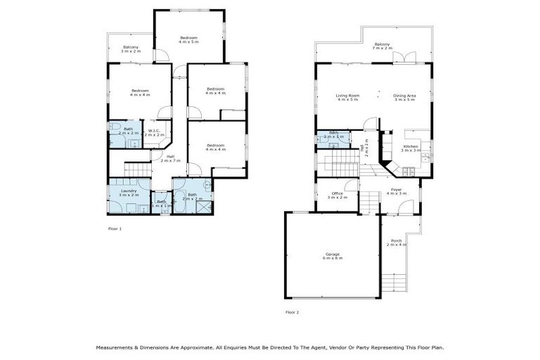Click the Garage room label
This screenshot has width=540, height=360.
click(x=333, y=257)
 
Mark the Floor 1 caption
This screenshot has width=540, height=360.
click(x=115, y=229)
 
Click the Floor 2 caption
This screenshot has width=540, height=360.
click(x=292, y=311)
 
